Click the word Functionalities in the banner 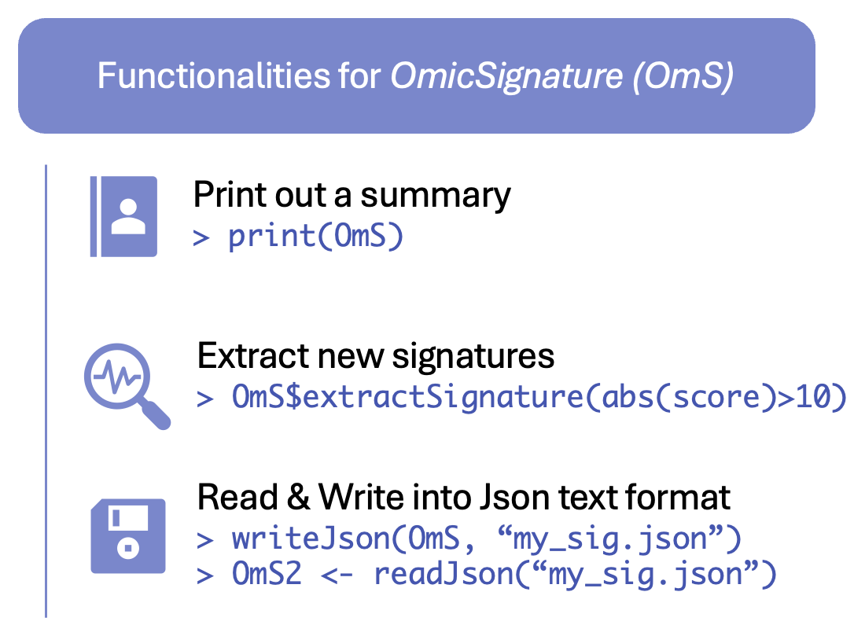point(214,75)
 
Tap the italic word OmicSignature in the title point(506,76)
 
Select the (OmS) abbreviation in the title point(683,76)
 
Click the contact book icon point(123,216)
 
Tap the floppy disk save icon point(128,535)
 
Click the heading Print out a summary point(352,195)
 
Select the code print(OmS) point(316,237)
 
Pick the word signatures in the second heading point(473,357)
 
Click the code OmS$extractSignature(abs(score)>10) point(539,396)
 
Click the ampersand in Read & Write point(299,497)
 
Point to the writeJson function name point(311,539)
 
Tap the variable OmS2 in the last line point(267,574)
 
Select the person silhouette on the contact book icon point(128,217)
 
